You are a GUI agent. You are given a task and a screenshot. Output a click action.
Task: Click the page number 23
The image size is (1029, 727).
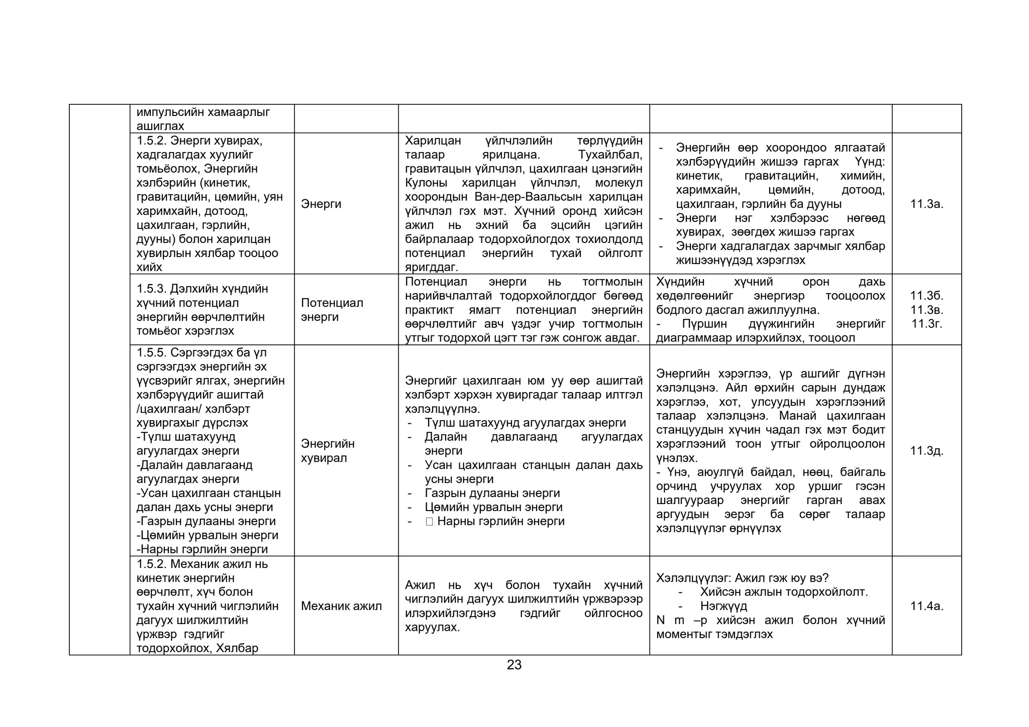pos(514,665)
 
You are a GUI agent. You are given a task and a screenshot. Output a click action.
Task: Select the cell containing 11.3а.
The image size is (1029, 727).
pos(927,204)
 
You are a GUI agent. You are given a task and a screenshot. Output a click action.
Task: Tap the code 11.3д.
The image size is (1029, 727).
pos(927,451)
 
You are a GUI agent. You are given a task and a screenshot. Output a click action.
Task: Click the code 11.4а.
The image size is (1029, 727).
pos(927,606)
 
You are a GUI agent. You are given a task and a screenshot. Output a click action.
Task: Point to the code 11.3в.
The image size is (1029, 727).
pos(927,310)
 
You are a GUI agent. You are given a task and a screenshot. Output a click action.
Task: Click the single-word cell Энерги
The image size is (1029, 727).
pos(321,204)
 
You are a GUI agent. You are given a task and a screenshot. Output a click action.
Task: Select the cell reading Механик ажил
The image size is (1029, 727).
pos(341,606)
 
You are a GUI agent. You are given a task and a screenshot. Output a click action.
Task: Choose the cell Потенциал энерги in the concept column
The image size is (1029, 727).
pos(332,310)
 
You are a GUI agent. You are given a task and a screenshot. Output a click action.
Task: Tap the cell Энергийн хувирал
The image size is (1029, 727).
pos(328,451)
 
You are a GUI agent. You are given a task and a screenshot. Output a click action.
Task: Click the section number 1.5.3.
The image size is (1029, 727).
pos(151,289)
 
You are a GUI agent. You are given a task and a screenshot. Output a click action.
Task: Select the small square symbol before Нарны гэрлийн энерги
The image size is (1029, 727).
pos(429,522)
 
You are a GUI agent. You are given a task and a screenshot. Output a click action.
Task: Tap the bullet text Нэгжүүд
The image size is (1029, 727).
pos(724,606)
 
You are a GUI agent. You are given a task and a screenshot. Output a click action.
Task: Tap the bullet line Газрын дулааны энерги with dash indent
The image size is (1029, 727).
pos(492,494)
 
